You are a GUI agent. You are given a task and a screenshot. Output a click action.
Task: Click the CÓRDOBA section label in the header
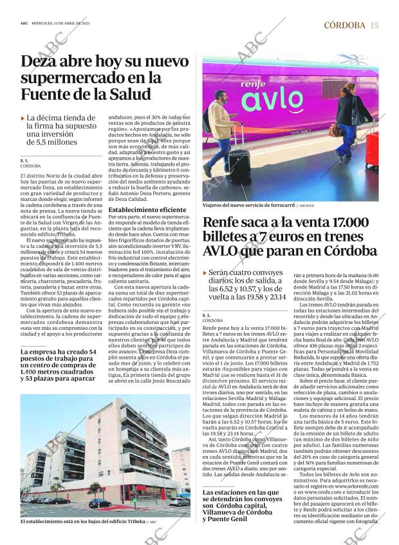(344, 25)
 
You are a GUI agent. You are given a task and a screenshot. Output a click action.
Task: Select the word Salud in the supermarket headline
(128, 94)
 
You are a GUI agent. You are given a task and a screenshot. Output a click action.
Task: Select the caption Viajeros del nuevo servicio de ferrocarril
(248, 205)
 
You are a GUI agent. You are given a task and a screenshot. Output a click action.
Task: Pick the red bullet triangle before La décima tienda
(23, 119)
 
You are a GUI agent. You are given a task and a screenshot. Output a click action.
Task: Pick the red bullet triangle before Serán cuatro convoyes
(205, 273)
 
